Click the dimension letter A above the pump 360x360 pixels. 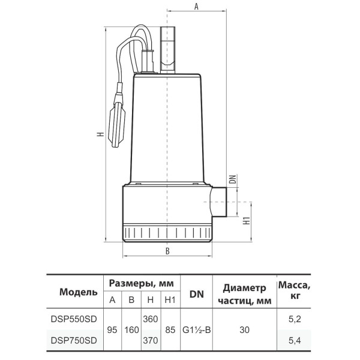[x=196, y=7]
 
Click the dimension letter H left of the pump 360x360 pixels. [x=100, y=134]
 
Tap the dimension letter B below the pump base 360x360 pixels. [x=167, y=251]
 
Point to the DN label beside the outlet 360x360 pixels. [x=233, y=179]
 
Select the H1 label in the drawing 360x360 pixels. [x=247, y=220]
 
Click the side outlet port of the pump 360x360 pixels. [x=219, y=202]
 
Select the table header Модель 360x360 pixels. [x=79, y=292]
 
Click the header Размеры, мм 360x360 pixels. [x=142, y=284]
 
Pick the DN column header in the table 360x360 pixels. [x=197, y=294]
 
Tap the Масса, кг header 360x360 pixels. [x=295, y=290]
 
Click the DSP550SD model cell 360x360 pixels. [x=74, y=319]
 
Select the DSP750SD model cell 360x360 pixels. [x=74, y=340]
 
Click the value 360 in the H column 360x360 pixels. [x=151, y=319]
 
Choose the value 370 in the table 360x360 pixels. [x=151, y=340]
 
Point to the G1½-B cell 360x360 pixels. [x=197, y=330]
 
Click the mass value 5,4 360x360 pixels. [x=295, y=340]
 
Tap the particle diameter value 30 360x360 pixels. [x=245, y=330]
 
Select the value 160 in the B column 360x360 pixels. [x=131, y=330]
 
